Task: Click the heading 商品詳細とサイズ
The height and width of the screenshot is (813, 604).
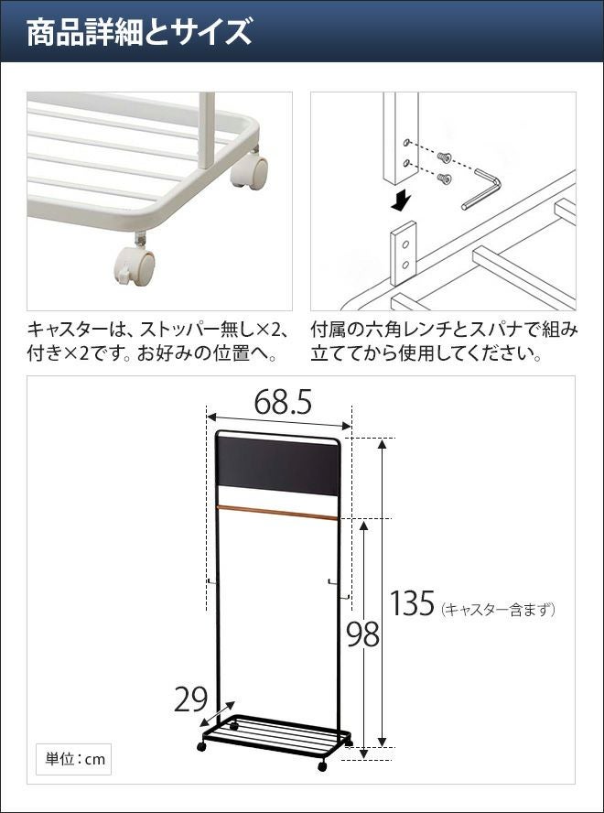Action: click(x=139, y=32)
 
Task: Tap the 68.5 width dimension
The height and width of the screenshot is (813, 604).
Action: click(x=283, y=403)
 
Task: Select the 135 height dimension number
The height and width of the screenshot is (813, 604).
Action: click(x=412, y=603)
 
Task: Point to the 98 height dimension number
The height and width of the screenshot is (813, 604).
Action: click(x=363, y=634)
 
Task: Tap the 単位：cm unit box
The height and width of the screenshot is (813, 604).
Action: click(x=73, y=760)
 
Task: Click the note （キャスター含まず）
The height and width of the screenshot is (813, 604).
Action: click(x=498, y=609)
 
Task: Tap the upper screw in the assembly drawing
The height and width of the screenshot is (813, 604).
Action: click(x=444, y=157)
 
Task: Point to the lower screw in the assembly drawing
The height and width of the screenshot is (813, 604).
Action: click(x=445, y=179)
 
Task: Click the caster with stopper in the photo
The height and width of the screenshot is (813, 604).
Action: click(x=135, y=265)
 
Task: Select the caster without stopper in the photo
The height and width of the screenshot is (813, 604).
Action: click(x=249, y=170)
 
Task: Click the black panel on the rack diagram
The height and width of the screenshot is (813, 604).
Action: click(x=279, y=466)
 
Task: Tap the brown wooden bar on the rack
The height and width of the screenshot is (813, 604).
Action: click(x=277, y=512)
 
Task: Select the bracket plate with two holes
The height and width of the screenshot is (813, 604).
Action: click(x=404, y=253)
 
